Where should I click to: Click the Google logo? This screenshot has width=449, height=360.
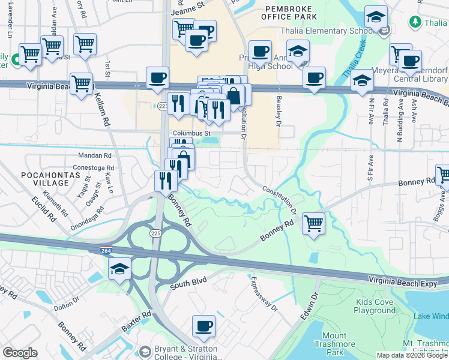pyautogui.click(x=20, y=353)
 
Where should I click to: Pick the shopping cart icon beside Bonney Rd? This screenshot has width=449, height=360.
pyautogui.click(x=313, y=224)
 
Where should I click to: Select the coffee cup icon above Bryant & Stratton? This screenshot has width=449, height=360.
pyautogui.click(x=203, y=326)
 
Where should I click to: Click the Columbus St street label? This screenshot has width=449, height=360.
pyautogui.click(x=191, y=133)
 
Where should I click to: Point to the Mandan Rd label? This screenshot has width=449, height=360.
pyautogui.click(x=91, y=155)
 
